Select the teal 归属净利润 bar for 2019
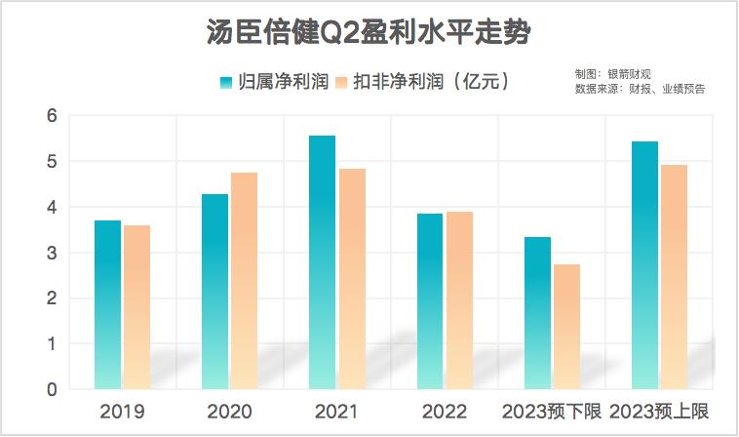click(107, 304)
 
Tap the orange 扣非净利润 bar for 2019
click(136, 307)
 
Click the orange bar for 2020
click(244, 281)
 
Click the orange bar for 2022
click(458, 300)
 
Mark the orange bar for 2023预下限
click(565, 327)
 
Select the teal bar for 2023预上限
click(644, 265)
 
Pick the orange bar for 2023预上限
click(674, 277)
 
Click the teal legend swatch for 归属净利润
click(226, 82)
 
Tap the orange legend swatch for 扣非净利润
click(340, 82)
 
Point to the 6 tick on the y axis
click(52, 116)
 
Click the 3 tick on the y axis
click(52, 254)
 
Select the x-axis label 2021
click(336, 411)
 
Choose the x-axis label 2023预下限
click(551, 411)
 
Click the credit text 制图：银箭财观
click(612, 74)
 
